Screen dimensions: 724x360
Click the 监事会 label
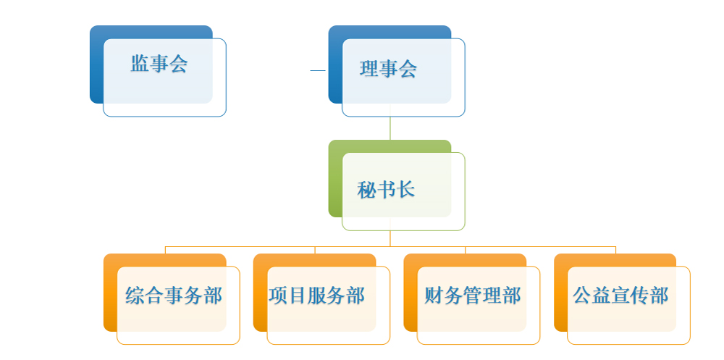pyautogui.click(x=159, y=64)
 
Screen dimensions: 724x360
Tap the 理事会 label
pyautogui.click(x=388, y=69)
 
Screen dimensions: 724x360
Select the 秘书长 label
pyautogui.click(x=386, y=190)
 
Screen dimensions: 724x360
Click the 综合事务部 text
pyautogui.click(x=174, y=296)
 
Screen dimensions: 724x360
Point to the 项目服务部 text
pyautogui.click(x=317, y=296)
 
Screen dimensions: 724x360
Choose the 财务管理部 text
pyautogui.click(x=472, y=296)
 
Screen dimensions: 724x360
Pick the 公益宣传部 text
pyautogui.click(x=620, y=296)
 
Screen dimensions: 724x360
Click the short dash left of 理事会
pyautogui.click(x=318, y=71)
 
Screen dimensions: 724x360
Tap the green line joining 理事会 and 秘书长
pyautogui.click(x=390, y=128)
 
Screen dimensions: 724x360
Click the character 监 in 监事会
pyautogui.click(x=140, y=64)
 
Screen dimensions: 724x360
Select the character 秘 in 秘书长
pyautogui.click(x=366, y=190)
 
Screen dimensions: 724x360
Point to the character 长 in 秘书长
pyautogui.click(x=405, y=190)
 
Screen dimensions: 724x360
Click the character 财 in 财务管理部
pyautogui.click(x=434, y=296)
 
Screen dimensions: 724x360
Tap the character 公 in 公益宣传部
pyautogui.click(x=582, y=296)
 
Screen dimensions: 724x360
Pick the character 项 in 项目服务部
pyautogui.click(x=278, y=296)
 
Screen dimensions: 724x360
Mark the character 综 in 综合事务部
pyautogui.click(x=135, y=296)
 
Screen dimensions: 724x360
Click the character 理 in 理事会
pyautogui.click(x=369, y=69)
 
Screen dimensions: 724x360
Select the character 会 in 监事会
pyautogui.click(x=178, y=64)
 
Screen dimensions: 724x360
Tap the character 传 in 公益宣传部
pyautogui.click(x=640, y=296)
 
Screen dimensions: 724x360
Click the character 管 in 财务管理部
pyautogui.click(x=472, y=296)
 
